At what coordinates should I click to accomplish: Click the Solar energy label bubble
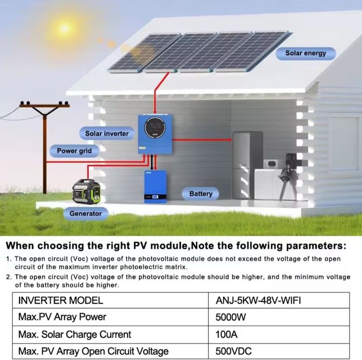point(306,54)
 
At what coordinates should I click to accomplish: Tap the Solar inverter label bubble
point(107,133)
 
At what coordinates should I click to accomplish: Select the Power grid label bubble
point(74,151)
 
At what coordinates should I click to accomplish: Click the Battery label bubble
point(201,194)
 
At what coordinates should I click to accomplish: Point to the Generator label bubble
point(85,213)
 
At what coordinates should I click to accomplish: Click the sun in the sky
point(64,29)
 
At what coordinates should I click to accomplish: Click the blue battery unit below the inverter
point(156,186)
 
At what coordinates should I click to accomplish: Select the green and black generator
point(87,192)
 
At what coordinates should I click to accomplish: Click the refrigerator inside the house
point(247,165)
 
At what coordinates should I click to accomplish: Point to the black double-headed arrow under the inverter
point(152,162)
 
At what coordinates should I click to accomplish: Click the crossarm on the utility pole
point(44,106)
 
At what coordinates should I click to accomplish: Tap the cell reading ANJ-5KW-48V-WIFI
point(258,300)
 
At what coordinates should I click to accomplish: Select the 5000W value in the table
point(231,317)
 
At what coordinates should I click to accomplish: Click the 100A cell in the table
point(226,334)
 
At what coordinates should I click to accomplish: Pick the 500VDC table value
point(233,351)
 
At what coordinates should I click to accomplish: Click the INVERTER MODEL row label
point(60,300)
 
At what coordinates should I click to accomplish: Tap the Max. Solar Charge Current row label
point(75,334)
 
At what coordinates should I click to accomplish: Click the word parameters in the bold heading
point(316,246)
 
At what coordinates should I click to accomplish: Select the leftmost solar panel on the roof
point(144,53)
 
